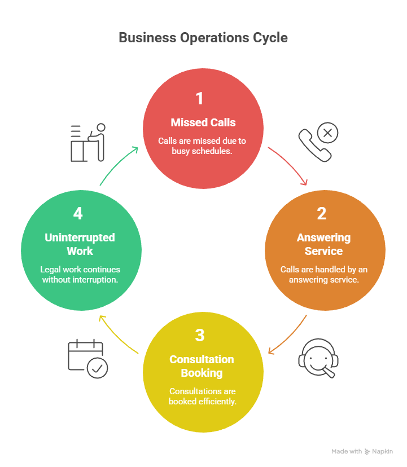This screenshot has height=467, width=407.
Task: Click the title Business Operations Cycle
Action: pyautogui.click(x=203, y=38)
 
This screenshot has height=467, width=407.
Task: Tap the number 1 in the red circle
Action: pyautogui.click(x=199, y=99)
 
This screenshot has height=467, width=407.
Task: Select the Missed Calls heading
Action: pyautogui.click(x=203, y=122)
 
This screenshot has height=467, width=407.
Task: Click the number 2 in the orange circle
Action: pyautogui.click(x=321, y=214)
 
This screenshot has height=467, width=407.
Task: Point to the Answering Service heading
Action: pyautogui.click(x=324, y=244)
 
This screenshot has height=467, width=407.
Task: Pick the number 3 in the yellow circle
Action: pyautogui.click(x=199, y=335)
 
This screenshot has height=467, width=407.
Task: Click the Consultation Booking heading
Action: pyautogui.click(x=202, y=365)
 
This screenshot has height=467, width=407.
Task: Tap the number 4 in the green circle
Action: pyautogui.click(x=78, y=214)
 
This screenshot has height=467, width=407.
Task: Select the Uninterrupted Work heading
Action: pyautogui.click(x=80, y=244)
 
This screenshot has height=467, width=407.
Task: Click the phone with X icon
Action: pyautogui.click(x=318, y=142)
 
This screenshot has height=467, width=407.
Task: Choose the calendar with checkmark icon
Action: pyautogui.click(x=87, y=358)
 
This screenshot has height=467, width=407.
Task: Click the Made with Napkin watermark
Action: pyautogui.click(x=362, y=451)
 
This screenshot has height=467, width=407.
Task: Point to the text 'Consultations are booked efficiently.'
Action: pyautogui.click(x=202, y=396)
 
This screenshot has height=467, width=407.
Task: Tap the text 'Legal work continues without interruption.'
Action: pyautogui.click(x=80, y=274)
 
